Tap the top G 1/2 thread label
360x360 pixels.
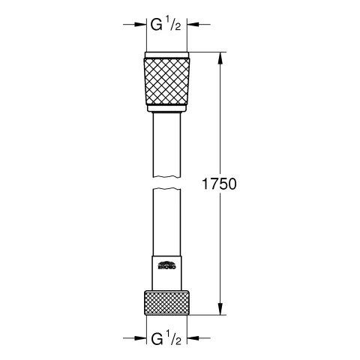(166, 24)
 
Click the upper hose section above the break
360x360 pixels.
(166, 142)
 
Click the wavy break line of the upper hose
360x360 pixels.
(166, 178)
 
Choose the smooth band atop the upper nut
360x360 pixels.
(166, 55)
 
